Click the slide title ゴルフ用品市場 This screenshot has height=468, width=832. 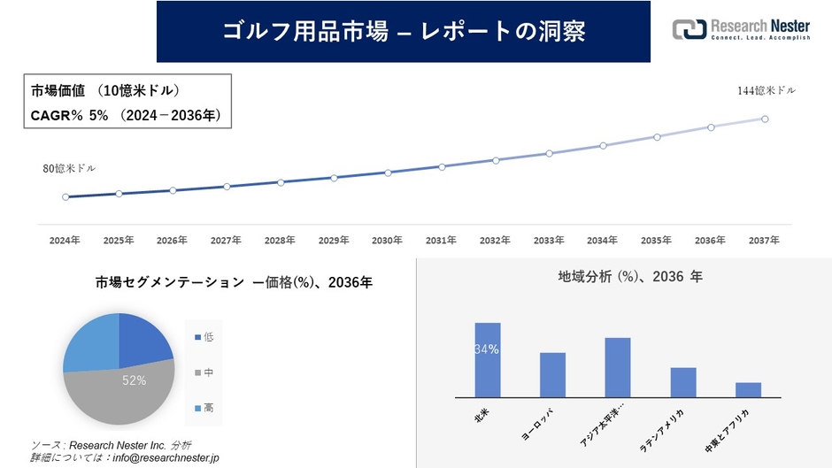click(403, 31)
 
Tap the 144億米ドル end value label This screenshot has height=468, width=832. click(767, 90)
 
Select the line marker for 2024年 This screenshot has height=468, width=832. click(65, 197)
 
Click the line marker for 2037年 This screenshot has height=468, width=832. click(765, 119)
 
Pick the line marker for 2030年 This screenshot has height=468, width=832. click(388, 173)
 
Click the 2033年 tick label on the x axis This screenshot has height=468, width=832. click(549, 241)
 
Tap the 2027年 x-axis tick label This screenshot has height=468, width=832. click(226, 241)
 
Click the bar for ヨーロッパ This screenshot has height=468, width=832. click(552, 375)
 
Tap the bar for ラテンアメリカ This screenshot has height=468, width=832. click(683, 382)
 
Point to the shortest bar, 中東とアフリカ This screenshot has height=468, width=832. click(748, 390)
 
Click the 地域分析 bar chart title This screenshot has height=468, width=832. click(630, 277)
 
